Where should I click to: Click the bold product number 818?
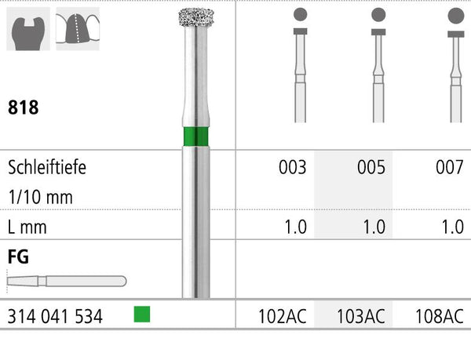tap(23, 107)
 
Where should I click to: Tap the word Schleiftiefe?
tap(47, 167)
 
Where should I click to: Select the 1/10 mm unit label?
tap(41, 197)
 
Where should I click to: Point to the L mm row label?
tap(27, 227)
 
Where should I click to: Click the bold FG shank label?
tap(18, 256)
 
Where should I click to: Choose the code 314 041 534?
tap(55, 317)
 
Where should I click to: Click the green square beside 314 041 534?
tap(142, 314)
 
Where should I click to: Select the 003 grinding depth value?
tap(293, 167)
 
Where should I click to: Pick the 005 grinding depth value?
tap(371, 167)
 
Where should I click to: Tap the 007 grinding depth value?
tap(450, 167)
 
